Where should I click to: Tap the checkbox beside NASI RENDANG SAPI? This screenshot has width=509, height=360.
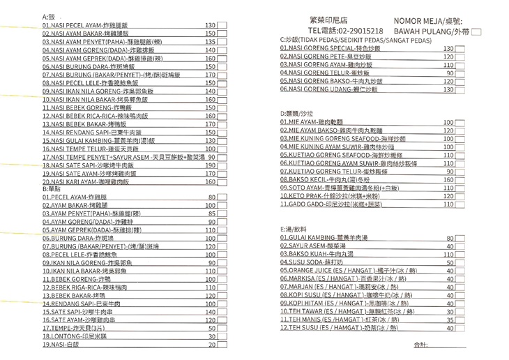[225, 132]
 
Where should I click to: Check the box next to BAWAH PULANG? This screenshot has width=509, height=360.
[477, 32]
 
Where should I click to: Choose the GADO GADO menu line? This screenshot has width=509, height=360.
[332, 205]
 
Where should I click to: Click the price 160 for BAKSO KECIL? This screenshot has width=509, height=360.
[448, 179]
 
